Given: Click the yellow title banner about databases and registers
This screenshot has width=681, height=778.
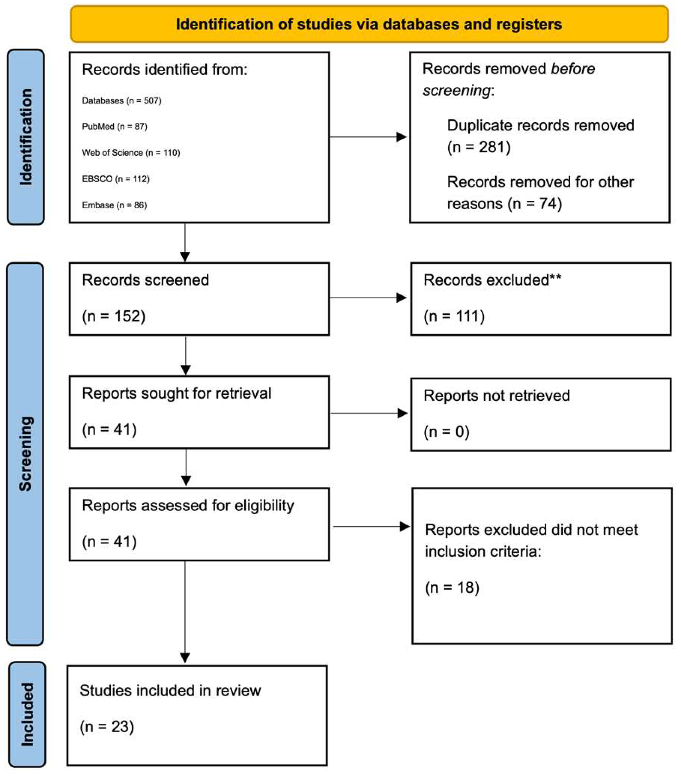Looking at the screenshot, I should (369, 24).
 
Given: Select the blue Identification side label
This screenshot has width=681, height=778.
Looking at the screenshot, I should (26, 137).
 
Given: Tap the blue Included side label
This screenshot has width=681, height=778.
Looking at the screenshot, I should (27, 714).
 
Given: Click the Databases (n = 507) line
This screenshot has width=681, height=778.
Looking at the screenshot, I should (122, 100).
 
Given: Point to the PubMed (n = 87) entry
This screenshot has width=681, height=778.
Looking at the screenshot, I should (114, 126).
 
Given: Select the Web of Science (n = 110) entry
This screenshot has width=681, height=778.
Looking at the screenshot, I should (131, 153).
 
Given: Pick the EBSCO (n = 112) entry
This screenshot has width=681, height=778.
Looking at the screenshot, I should (116, 179).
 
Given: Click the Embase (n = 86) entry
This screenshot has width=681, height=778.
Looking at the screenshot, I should (114, 205).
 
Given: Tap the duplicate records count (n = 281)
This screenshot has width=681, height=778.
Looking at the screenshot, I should (479, 147).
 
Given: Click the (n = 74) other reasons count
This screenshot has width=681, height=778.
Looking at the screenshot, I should (534, 204).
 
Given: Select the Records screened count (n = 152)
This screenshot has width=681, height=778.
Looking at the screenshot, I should (114, 316).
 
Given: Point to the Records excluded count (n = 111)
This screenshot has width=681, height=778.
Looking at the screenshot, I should (454, 316).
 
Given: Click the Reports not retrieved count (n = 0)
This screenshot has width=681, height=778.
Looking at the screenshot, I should (446, 431).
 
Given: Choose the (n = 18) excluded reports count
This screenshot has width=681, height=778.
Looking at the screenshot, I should (452, 588).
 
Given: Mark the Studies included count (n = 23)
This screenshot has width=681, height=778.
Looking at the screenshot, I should (107, 726).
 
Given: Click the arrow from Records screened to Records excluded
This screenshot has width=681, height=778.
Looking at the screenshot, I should (367, 298).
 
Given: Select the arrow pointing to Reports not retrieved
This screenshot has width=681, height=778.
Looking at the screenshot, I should (368, 413).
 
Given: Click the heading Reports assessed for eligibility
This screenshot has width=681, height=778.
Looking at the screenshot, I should (188, 505).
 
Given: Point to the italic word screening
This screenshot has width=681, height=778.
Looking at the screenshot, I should (456, 90).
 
